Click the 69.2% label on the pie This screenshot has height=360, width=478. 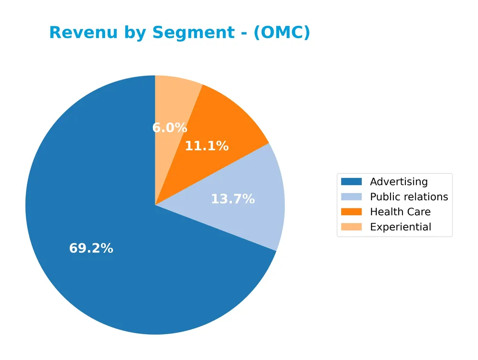(x=91, y=249)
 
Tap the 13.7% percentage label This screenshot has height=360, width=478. (x=233, y=199)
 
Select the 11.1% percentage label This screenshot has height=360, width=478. (x=206, y=146)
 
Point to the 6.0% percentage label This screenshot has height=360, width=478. (x=170, y=128)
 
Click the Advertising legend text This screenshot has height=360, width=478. (x=399, y=182)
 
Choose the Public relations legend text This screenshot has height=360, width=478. (x=409, y=197)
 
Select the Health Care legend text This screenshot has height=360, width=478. (x=400, y=212)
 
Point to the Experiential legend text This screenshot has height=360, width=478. (x=401, y=227)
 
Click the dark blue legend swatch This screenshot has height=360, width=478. (x=351, y=182)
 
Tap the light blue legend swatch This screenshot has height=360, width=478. (x=351, y=197)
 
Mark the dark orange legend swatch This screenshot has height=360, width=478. (x=351, y=212)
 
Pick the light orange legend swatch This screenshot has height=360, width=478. (x=351, y=227)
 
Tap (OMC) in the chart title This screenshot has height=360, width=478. (x=282, y=33)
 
